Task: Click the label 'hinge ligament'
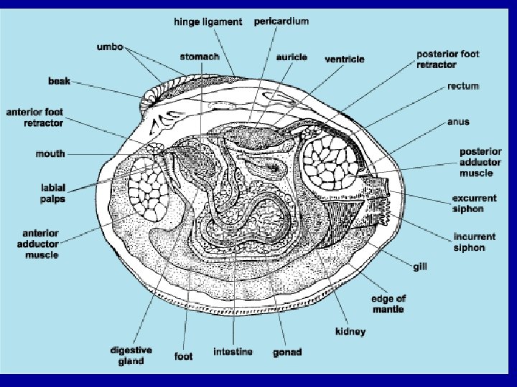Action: click(208, 22)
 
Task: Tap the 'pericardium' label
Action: click(281, 21)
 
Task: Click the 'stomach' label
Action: click(199, 55)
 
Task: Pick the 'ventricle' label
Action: click(344, 59)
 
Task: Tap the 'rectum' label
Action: click(463, 86)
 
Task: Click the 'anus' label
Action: click(458, 121)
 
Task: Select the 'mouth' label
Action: click(50, 153)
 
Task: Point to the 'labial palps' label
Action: click(52, 193)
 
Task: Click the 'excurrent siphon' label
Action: click(474, 204)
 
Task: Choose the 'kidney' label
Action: click(350, 331)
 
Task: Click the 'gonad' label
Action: click(287, 352)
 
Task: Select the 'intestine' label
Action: click(233, 352)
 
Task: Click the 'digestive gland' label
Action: click(131, 355)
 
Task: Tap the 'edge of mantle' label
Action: click(387, 304)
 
